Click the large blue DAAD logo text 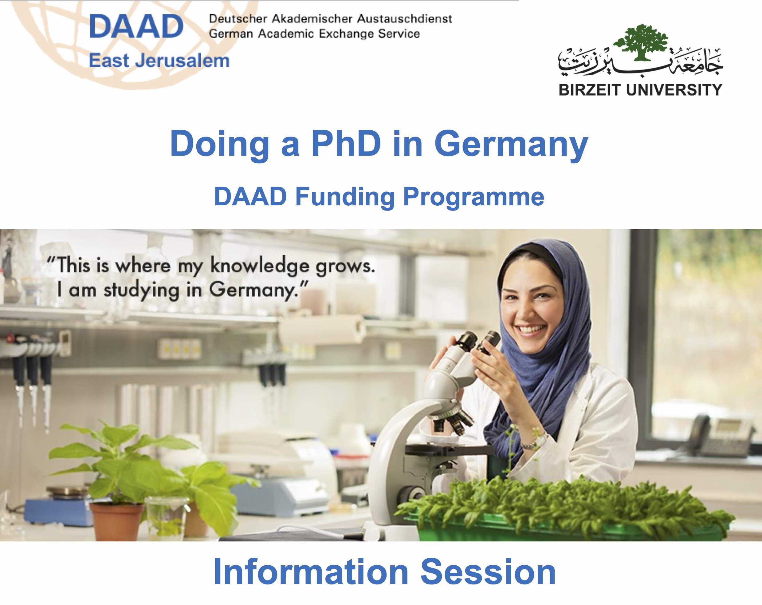pos(136,26)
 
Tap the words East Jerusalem pos(159,61)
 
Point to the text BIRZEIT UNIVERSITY pos(640,90)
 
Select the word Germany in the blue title pos(511,146)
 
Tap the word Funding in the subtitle pos(345,197)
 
